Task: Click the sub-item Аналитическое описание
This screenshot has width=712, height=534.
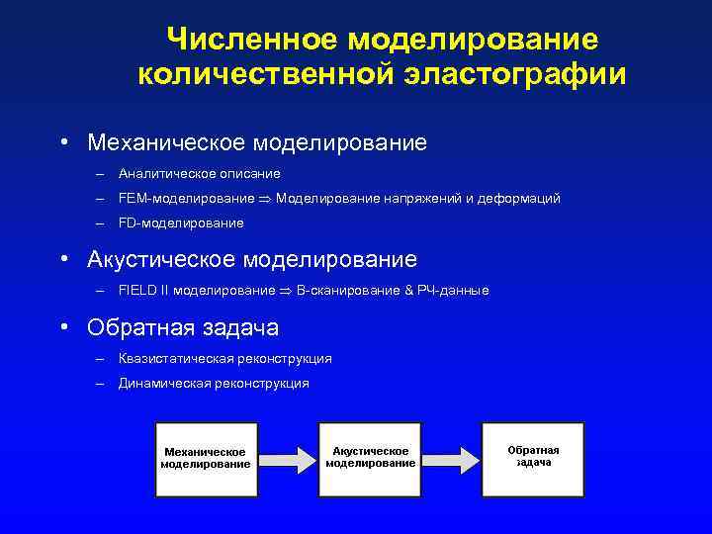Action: pyautogui.click(x=199, y=173)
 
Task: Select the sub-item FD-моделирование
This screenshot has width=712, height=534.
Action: pyautogui.click(x=180, y=223)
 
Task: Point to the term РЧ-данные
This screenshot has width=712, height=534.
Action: pyautogui.click(x=453, y=291)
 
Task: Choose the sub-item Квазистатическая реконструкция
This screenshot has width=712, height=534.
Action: pyautogui.click(x=224, y=358)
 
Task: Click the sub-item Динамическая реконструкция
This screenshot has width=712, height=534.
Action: pyautogui.click(x=213, y=383)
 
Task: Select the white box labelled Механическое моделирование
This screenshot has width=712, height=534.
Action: pyautogui.click(x=206, y=458)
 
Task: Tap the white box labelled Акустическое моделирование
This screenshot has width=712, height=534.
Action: pyautogui.click(x=370, y=457)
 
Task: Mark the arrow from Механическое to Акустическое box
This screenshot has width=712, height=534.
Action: pyautogui.click(x=288, y=457)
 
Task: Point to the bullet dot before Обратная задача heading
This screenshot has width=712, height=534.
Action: pyautogui.click(x=62, y=326)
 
